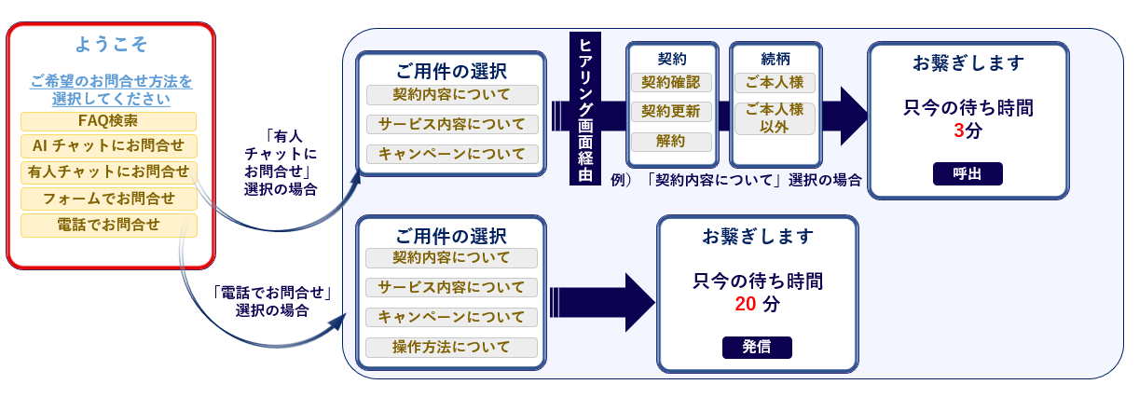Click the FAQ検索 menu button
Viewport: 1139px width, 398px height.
tap(108, 121)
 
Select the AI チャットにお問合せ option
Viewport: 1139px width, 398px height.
tap(108, 146)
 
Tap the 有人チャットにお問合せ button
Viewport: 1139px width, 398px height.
tap(108, 172)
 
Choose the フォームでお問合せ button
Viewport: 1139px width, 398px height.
tap(108, 199)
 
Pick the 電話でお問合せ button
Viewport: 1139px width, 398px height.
tap(108, 226)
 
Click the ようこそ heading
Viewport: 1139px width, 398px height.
tap(111, 45)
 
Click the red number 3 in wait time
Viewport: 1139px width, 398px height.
tap(958, 131)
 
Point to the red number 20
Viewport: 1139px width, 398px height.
tap(746, 304)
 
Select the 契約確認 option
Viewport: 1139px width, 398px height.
tap(671, 83)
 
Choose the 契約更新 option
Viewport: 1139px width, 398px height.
tap(671, 112)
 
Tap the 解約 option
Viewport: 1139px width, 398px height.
tap(671, 142)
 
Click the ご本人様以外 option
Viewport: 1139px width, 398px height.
tap(775, 118)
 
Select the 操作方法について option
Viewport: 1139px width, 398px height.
tap(451, 347)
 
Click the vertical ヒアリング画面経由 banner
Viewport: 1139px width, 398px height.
tap(585, 108)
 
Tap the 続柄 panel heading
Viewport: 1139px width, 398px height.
tap(775, 60)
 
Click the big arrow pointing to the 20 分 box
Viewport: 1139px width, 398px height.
tap(602, 302)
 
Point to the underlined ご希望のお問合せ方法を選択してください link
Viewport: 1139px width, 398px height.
tap(111, 90)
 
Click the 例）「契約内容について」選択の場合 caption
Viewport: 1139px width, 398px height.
tap(735, 181)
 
